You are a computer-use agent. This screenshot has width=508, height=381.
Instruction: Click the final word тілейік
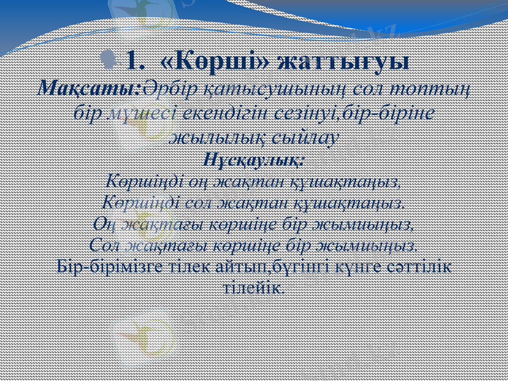pos(254,286)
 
